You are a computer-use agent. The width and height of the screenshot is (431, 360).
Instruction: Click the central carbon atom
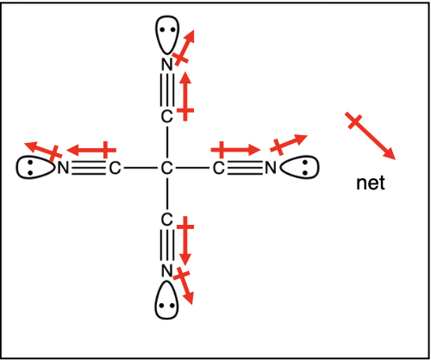tap(167, 168)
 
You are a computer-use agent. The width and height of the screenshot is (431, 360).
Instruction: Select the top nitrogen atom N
tap(167, 65)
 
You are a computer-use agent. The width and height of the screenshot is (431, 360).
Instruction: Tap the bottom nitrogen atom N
tap(167, 270)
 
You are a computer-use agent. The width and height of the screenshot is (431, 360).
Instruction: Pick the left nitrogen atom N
tap(63, 168)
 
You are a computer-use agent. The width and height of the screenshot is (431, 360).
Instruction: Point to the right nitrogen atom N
tap(271, 168)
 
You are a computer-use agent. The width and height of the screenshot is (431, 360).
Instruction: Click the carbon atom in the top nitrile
tap(167, 116)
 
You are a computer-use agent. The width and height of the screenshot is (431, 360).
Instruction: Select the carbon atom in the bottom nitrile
tap(167, 220)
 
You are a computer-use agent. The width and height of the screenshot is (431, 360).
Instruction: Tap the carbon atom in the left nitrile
tap(115, 168)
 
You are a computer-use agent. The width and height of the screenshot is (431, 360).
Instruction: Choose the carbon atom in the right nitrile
tap(219, 168)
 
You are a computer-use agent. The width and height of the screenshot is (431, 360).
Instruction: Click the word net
tap(371, 183)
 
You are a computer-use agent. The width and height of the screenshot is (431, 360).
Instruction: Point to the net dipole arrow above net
tap(371, 136)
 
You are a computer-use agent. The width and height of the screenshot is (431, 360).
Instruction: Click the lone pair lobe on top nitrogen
tap(167, 34)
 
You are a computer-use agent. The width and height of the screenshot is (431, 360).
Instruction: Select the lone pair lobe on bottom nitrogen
tap(166, 301)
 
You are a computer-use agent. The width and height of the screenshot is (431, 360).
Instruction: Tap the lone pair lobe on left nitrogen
tap(35, 168)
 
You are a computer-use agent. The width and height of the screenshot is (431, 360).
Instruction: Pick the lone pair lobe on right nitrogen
tap(299, 168)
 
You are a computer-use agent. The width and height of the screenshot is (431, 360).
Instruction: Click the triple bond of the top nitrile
tap(167, 90)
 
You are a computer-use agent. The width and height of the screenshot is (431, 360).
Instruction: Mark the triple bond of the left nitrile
tap(89, 168)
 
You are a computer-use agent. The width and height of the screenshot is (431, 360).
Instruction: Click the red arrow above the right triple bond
tap(235, 150)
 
